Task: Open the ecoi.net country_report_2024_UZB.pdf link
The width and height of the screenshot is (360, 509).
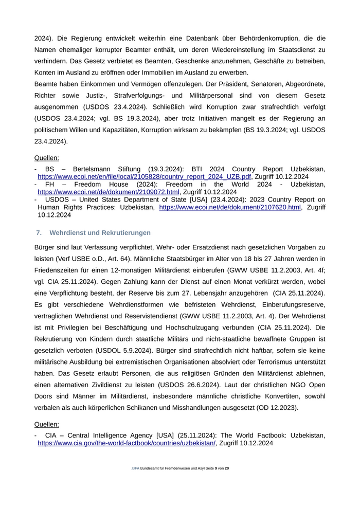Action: tap(145, 176)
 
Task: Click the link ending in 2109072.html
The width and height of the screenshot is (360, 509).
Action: tap(109, 192)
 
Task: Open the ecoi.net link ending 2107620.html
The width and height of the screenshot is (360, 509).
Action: tap(229, 207)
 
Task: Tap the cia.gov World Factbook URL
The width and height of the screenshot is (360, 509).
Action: tap(127, 443)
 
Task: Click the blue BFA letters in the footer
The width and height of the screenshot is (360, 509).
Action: tap(136, 469)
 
